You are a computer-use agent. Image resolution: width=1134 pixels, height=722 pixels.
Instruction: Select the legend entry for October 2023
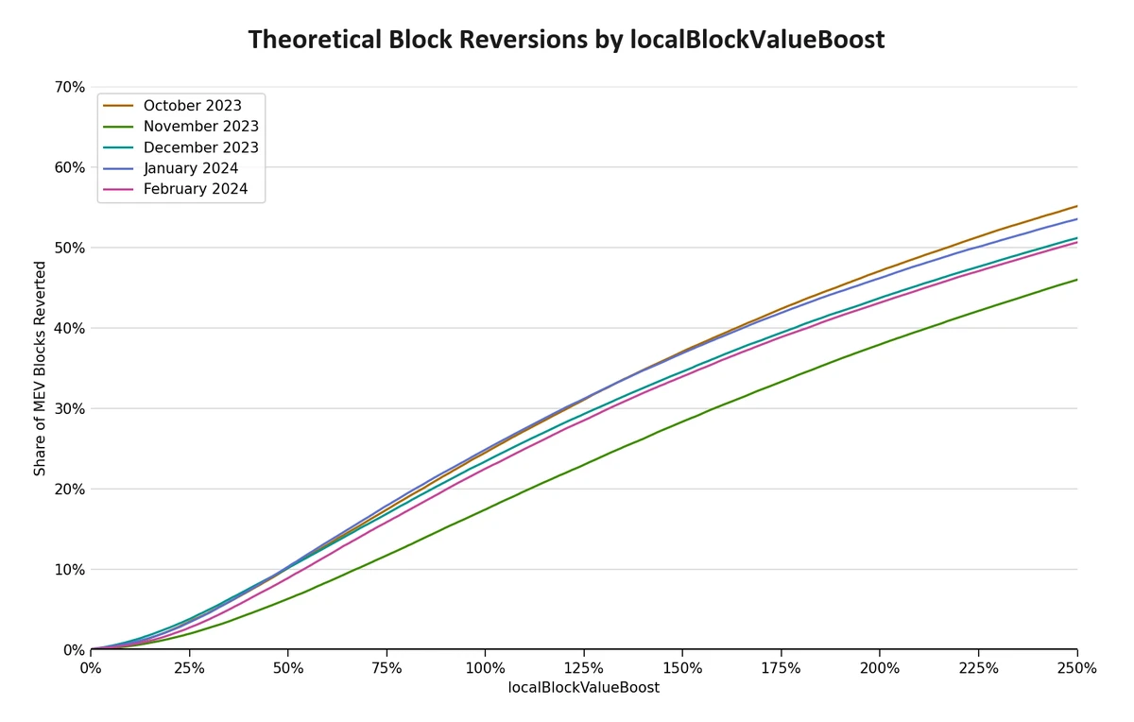(x=192, y=106)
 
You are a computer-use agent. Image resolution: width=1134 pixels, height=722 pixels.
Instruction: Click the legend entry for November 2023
(x=200, y=127)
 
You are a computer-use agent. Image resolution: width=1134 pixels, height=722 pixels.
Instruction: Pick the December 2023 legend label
(x=200, y=147)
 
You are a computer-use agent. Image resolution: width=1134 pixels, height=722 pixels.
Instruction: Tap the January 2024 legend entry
(x=190, y=168)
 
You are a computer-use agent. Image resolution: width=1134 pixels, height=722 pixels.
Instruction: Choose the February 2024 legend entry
(x=195, y=189)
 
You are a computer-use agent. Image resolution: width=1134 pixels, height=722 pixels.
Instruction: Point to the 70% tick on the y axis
(x=70, y=87)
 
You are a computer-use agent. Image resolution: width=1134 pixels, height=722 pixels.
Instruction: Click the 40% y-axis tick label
(x=70, y=328)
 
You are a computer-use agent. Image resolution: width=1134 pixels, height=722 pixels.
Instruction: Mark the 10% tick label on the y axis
(x=70, y=570)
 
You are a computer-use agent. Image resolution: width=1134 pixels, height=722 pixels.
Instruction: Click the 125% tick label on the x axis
(x=584, y=668)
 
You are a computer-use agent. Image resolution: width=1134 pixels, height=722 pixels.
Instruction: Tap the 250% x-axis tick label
(x=1076, y=668)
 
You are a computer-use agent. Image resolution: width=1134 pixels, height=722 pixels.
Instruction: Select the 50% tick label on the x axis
(x=287, y=668)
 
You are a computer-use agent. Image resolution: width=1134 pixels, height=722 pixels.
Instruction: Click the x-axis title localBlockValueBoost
(x=584, y=688)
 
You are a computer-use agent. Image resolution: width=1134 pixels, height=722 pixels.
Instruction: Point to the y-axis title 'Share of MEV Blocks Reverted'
(x=40, y=369)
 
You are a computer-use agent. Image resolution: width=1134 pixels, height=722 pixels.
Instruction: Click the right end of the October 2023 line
(x=1076, y=206)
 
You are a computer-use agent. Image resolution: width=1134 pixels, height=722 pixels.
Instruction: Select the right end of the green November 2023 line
(x=1076, y=280)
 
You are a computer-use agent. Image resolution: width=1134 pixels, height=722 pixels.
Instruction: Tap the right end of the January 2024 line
(x=1076, y=219)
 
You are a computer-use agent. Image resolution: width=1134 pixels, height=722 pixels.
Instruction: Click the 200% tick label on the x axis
(x=880, y=668)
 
